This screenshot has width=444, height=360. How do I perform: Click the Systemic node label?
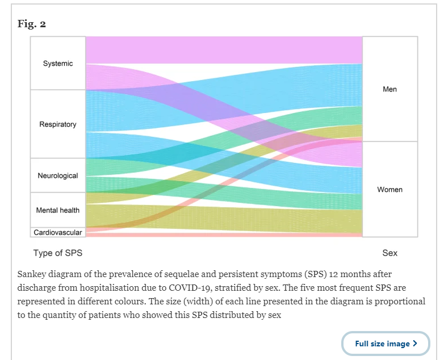[58, 64]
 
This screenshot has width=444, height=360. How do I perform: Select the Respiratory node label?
[58, 124]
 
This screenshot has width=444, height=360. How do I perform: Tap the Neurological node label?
[58, 175]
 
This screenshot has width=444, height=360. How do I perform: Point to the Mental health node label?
[58, 210]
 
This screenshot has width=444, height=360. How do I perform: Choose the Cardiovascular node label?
[58, 233]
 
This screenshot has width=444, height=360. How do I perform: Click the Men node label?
[389, 89]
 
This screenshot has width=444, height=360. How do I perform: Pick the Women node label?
[389, 190]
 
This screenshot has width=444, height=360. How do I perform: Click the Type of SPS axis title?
[58, 253]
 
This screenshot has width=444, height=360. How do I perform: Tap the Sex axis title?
[389, 253]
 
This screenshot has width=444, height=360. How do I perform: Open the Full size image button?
[386, 344]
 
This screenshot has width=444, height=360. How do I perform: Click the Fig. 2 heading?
[32, 24]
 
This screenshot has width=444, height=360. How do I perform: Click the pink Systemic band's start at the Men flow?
[86, 50]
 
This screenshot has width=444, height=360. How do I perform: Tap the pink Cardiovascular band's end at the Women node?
[362, 235]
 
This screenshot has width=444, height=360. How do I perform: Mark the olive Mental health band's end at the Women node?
[362, 221]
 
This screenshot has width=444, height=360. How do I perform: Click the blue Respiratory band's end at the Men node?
[362, 85]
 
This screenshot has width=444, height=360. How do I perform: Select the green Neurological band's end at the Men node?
[362, 116]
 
